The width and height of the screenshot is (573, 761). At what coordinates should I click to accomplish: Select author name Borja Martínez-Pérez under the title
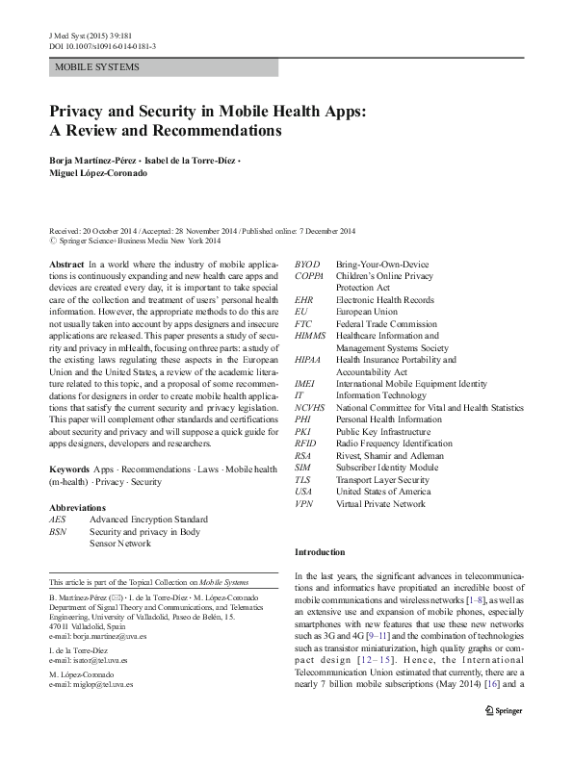click(x=93, y=160)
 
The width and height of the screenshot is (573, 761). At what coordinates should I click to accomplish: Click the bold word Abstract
click(x=65, y=264)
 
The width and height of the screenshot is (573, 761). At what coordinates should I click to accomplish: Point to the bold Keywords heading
click(x=68, y=469)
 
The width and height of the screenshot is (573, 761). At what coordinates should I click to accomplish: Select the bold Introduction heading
click(x=320, y=552)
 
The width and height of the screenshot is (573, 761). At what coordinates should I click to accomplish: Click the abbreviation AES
click(x=59, y=519)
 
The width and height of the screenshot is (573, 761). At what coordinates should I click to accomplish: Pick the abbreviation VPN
click(x=303, y=503)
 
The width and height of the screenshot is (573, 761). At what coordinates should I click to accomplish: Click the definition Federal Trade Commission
click(x=385, y=324)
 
